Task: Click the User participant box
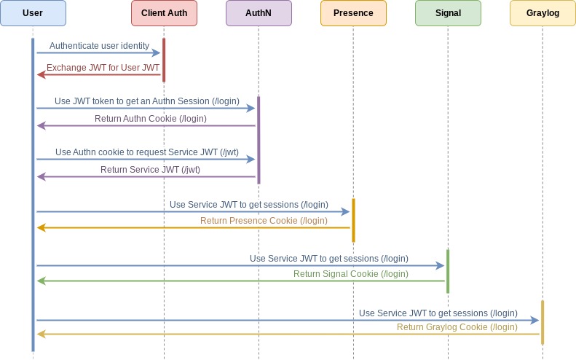coord(33,13)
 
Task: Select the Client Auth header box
coord(164,13)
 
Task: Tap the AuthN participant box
coord(259,13)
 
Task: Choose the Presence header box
coord(353,13)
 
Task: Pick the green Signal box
coord(448,13)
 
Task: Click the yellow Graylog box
coord(543,13)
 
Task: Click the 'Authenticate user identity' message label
coord(99,46)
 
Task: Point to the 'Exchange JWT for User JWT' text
coord(103,68)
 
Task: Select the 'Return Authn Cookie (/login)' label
coord(151,119)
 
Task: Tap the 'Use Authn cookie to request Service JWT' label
coord(146,152)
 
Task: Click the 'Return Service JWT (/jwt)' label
coord(150,170)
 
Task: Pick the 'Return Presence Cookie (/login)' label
coord(264,221)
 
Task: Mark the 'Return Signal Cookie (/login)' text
coord(350,274)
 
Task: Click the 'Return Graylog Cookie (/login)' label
coord(457,327)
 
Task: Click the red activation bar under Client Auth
coord(164,60)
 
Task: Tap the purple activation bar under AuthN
coord(259,139)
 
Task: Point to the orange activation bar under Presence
coord(353,220)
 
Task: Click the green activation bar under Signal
coord(448,271)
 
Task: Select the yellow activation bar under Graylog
coord(543,322)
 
